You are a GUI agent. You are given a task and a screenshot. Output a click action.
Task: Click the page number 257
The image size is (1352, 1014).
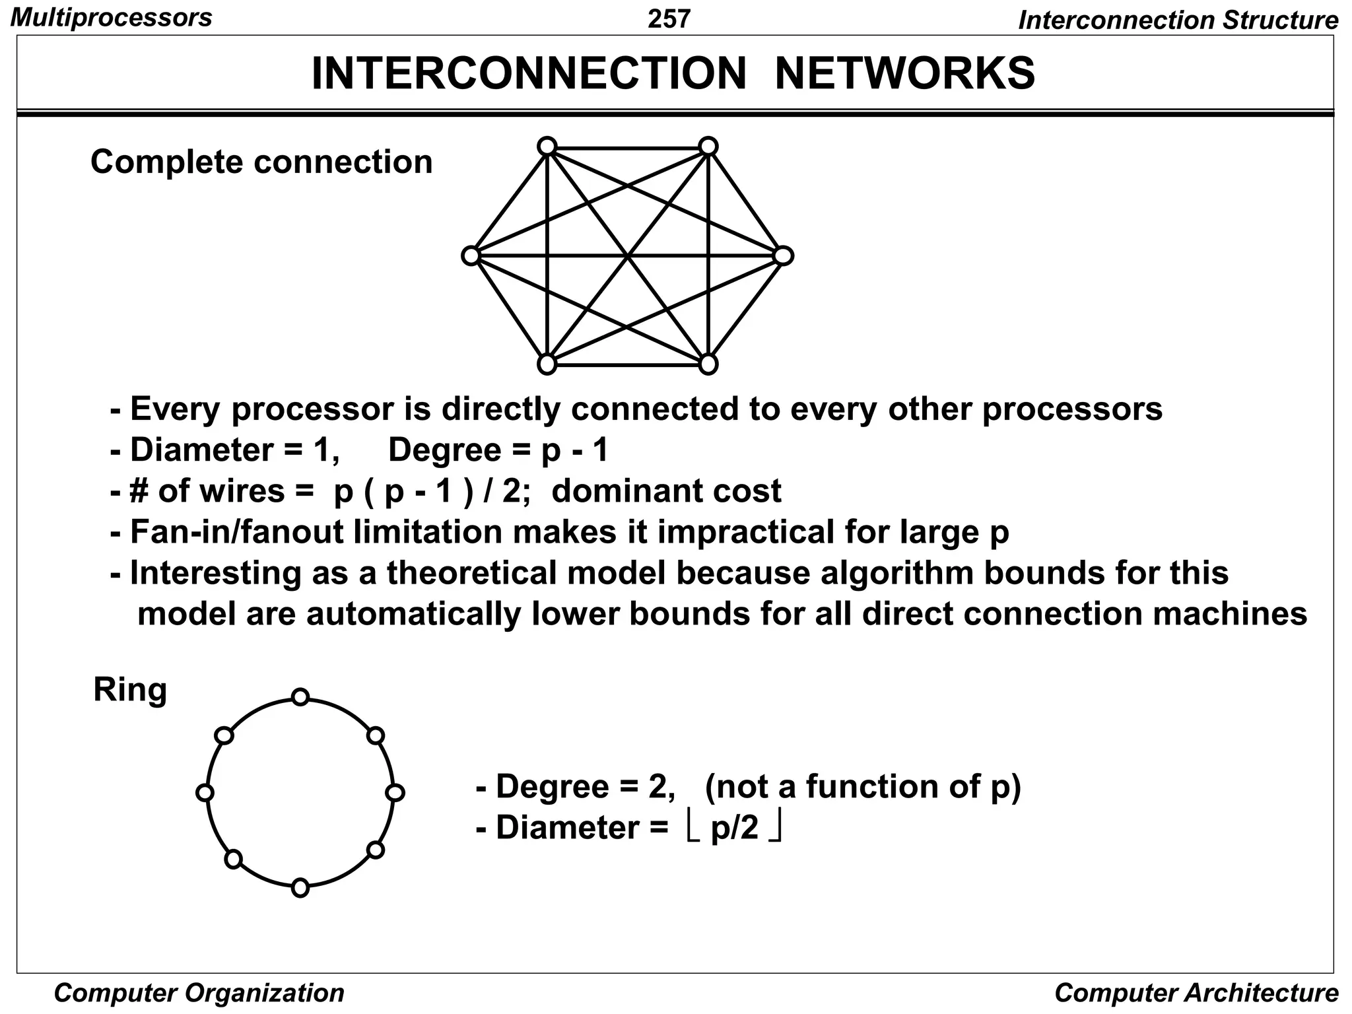tap(669, 18)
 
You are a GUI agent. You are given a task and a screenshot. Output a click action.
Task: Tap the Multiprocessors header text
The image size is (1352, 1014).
tap(112, 17)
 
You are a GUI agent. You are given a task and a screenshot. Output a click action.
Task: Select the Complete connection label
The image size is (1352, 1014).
tap(261, 162)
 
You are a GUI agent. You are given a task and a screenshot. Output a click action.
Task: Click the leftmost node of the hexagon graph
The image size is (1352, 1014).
tap(471, 255)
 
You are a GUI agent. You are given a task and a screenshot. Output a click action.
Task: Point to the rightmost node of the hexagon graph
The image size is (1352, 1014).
tap(783, 255)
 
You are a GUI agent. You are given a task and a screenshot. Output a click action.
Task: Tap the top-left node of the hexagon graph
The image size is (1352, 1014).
tap(547, 146)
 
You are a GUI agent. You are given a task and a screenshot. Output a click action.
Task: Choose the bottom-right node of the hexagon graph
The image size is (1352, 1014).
tap(708, 364)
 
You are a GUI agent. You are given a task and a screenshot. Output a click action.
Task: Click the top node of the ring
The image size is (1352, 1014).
tap(300, 696)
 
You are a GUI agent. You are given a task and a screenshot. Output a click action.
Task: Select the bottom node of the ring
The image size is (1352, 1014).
tap(300, 888)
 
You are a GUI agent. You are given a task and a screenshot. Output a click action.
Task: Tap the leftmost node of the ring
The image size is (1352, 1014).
tap(205, 792)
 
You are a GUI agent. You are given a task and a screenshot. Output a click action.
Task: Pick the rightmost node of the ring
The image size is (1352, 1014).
tap(395, 792)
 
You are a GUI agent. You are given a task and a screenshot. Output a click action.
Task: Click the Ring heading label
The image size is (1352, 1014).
tap(130, 690)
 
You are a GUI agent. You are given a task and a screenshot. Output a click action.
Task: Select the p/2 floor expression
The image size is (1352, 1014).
tap(734, 828)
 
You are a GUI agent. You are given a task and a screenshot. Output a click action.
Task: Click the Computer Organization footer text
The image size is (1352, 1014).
tap(199, 993)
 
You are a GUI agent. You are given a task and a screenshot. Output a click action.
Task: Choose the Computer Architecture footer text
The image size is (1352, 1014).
tap(1196, 993)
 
